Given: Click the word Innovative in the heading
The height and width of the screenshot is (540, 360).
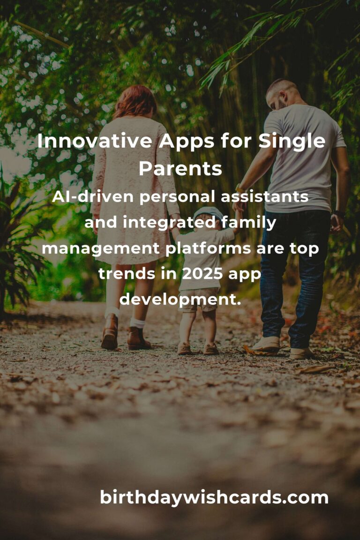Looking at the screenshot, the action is click(x=95, y=141).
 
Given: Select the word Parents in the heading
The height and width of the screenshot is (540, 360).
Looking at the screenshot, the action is click(x=180, y=169).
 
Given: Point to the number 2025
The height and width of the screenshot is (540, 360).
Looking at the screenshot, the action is click(x=202, y=274).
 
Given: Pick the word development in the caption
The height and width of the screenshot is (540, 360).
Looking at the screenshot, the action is click(x=180, y=299).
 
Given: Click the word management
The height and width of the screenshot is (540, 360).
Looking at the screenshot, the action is click(x=101, y=248).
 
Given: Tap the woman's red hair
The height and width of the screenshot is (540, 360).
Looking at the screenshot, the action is click(x=135, y=102).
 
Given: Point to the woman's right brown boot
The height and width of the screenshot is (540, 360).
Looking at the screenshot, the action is click(x=138, y=338).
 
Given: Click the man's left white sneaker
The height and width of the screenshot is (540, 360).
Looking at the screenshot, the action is click(x=266, y=345).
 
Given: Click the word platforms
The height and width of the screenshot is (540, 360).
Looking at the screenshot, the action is click(x=209, y=248).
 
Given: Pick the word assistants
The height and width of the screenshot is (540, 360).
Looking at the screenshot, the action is click(x=264, y=197).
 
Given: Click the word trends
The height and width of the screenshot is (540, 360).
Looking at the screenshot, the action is click(x=126, y=274).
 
